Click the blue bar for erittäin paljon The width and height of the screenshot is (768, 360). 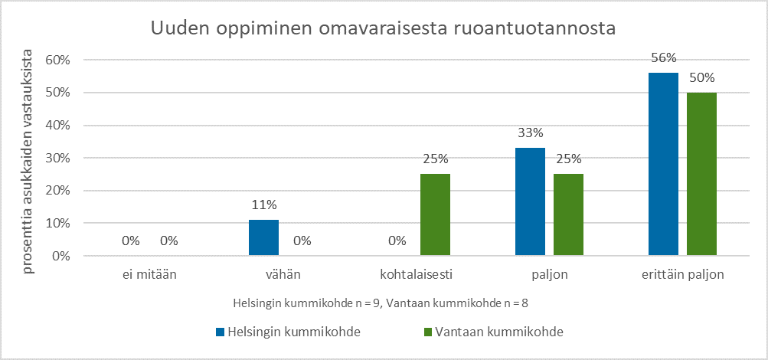663,164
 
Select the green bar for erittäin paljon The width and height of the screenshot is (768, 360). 701,174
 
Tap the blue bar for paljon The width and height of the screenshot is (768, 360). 530,201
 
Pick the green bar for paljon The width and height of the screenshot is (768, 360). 568,214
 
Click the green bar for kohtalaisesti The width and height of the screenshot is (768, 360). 435,214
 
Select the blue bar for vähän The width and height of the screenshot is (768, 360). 263,237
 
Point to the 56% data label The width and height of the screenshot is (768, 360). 663,57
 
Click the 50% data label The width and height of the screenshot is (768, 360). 701,77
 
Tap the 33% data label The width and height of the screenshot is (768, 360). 530,133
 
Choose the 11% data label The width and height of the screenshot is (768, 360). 263,205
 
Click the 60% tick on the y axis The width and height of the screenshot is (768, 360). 58,60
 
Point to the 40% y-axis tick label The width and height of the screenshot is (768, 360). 58,126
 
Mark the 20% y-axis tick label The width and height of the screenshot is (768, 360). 58,191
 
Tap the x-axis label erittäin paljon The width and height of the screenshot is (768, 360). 682,274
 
